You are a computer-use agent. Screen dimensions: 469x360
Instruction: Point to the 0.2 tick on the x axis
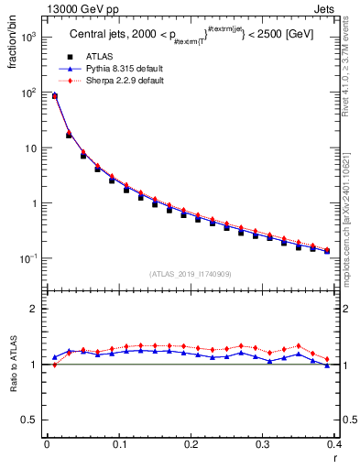(191, 444)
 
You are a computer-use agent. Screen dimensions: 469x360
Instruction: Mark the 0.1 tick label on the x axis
(118, 444)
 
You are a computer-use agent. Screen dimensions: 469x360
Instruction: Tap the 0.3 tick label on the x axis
(262, 444)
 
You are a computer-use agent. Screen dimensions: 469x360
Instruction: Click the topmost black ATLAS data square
(55, 95)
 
